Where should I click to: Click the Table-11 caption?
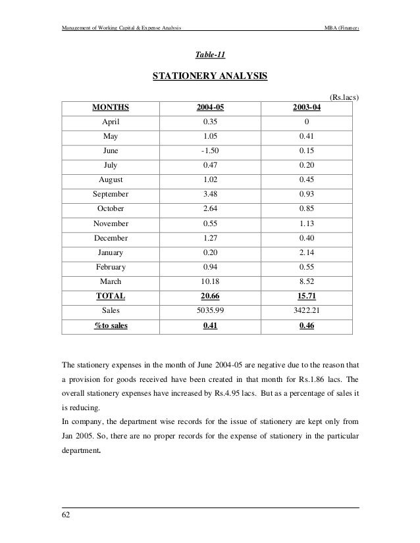pyautogui.click(x=210, y=55)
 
